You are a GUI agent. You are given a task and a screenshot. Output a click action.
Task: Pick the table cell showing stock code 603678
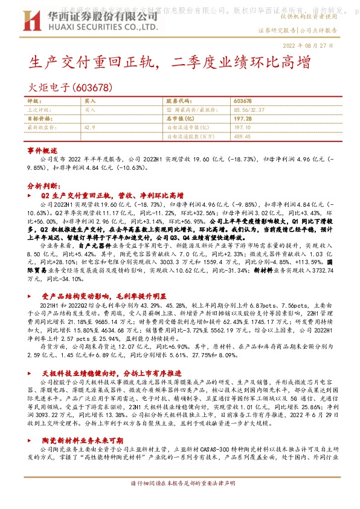tap(242, 101)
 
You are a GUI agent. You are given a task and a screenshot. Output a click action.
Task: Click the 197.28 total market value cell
tap(242, 119)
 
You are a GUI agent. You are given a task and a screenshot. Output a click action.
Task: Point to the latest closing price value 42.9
tap(89, 128)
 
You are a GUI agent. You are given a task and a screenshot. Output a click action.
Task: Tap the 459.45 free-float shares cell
tap(242, 137)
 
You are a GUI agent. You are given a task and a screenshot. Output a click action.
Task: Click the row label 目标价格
tap(39, 119)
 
